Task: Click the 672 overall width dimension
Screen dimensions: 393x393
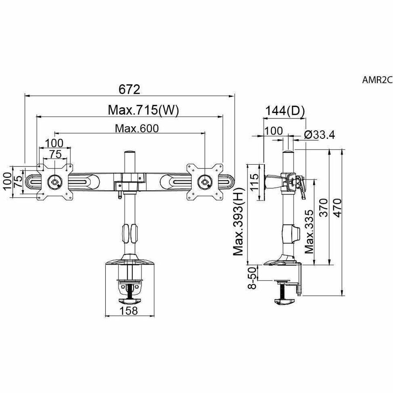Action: click(x=129, y=89)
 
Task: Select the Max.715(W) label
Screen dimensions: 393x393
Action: click(x=143, y=110)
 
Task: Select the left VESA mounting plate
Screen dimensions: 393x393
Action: click(x=55, y=182)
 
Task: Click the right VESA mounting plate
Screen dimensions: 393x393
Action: click(x=204, y=182)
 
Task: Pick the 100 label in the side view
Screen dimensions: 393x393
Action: click(x=274, y=131)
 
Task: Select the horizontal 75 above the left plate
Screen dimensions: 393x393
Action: click(x=55, y=154)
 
